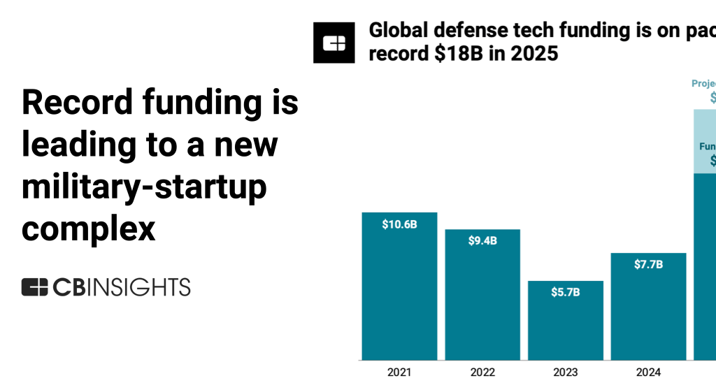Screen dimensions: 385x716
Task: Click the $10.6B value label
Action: click(399, 224)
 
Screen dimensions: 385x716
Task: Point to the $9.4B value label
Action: click(482, 241)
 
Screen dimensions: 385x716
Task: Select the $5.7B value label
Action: click(566, 292)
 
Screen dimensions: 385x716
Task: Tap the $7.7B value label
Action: click(648, 264)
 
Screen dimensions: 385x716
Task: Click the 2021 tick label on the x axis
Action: click(399, 372)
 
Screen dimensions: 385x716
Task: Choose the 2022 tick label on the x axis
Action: click(482, 372)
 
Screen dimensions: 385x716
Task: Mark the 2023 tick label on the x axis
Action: click(566, 372)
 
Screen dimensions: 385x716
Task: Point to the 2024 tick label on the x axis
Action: click(648, 372)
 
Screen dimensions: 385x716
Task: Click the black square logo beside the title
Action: click(334, 43)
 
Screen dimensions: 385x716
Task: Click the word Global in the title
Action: click(399, 31)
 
